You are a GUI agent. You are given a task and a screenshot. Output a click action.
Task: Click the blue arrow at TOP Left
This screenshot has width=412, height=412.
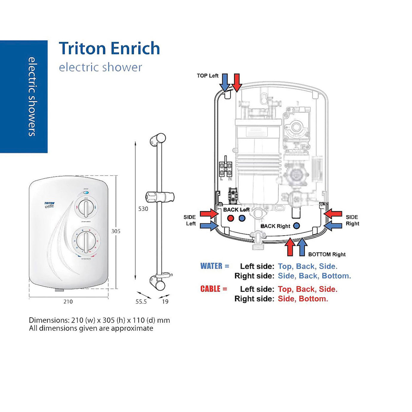225,82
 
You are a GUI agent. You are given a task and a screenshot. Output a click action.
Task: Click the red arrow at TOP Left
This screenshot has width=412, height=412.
237,82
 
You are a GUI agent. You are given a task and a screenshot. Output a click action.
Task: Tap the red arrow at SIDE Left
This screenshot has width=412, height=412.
209,214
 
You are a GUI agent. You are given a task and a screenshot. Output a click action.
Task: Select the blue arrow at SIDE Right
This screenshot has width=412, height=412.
333,226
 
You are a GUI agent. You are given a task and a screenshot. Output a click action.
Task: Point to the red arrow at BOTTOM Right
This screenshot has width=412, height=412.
290,247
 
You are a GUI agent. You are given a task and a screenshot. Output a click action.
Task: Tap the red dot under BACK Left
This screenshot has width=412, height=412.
230,218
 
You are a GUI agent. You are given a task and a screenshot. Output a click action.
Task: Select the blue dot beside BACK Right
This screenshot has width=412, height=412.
296,226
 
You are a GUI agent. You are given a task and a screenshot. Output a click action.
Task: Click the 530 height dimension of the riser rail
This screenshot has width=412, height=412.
143,209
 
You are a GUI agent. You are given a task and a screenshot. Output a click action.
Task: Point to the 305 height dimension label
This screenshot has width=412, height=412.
116,231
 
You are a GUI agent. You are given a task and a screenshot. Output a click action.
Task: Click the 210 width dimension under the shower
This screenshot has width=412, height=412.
68,301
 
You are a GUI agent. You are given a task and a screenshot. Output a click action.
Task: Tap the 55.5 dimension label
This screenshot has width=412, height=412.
141,301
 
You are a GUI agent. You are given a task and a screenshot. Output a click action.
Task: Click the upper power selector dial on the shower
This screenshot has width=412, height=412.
86,208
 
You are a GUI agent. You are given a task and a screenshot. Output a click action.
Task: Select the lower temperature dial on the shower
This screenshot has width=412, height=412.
86,241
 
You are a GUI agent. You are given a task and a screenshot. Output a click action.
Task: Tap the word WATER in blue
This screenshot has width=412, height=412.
211,266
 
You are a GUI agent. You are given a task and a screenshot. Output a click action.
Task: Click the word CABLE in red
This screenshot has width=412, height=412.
210,289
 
